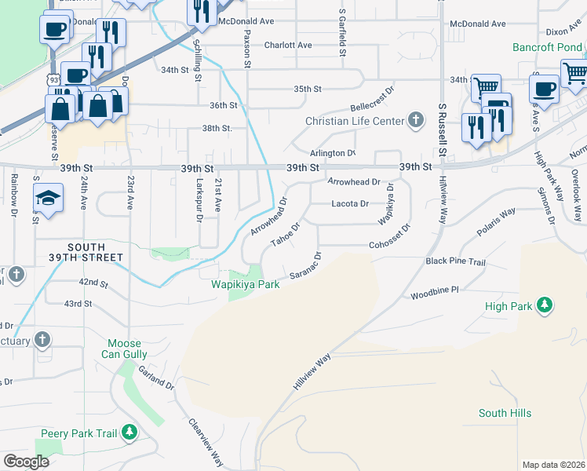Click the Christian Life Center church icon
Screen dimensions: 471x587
point(416,121)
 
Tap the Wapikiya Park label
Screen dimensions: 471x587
point(245,285)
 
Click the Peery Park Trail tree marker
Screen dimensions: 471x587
point(129,433)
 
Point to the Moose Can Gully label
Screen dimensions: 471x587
point(124,349)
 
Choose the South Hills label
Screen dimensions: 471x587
point(505,413)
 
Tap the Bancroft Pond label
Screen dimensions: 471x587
point(547,47)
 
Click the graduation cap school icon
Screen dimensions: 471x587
point(48,198)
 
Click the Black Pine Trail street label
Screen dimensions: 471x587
point(456,261)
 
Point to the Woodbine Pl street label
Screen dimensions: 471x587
point(434,294)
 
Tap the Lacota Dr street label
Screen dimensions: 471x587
point(350,204)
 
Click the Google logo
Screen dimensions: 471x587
point(27,462)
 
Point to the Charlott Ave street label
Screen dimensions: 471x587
point(288,46)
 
